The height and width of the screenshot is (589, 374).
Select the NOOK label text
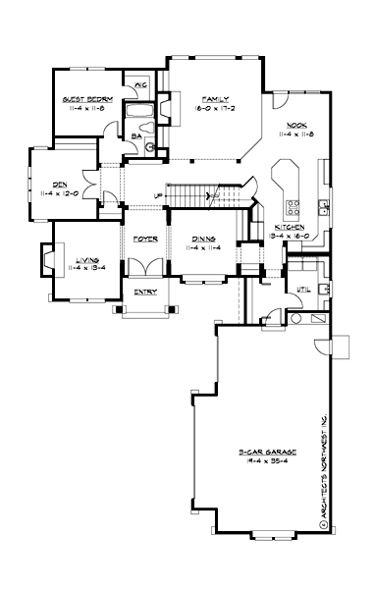click(x=297, y=125)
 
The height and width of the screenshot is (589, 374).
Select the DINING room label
click(x=203, y=239)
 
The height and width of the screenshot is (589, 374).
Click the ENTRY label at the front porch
click(x=145, y=291)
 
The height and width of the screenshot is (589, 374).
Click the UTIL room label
click(x=304, y=290)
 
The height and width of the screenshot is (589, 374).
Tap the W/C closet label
click(x=139, y=86)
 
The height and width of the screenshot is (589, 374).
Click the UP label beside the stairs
click(x=159, y=195)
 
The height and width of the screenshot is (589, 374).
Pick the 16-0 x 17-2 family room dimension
click(x=211, y=109)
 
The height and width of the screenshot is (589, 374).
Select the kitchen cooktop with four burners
click(x=294, y=207)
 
